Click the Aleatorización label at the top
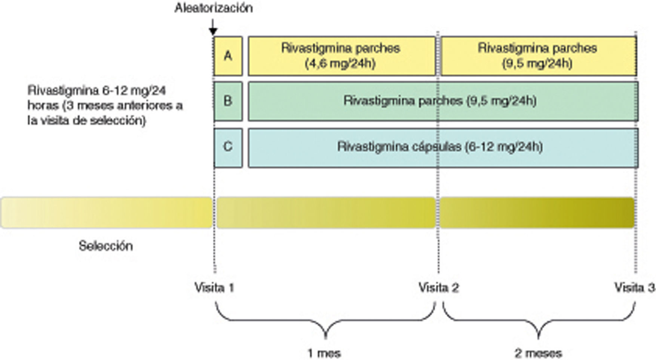pos(214,8)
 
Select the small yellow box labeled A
pos(228,56)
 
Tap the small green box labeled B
pos(228,101)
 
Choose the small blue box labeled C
pos(228,147)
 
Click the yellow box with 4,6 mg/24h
pos(341,56)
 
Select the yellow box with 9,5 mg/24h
pos(538,56)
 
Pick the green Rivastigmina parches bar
pos(443,101)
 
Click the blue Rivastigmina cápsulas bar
pos(443,147)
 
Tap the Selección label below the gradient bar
pos(106,246)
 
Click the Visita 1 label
pos(214,287)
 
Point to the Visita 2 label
pos(438,287)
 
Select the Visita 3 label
pos(634,287)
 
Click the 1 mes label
pos(324,353)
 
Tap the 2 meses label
pos(538,353)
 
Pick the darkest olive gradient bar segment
pos(537,213)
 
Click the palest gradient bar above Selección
pos(106,213)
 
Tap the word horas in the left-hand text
pos(43,106)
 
